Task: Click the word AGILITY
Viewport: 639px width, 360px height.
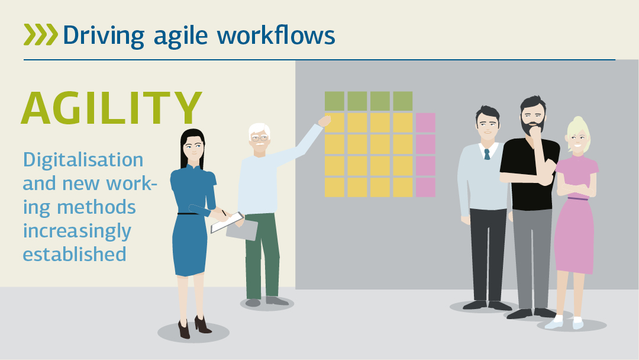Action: coord(112,108)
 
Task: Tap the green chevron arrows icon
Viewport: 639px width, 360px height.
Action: coord(41,34)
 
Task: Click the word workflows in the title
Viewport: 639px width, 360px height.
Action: coord(276,34)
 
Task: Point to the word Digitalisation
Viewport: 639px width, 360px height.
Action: coord(83,159)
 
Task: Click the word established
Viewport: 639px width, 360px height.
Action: coord(75,254)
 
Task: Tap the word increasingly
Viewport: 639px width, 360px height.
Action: coord(77,231)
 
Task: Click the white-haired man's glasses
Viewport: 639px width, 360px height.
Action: coord(260,139)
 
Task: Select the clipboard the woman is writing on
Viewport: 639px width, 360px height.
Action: coord(227,223)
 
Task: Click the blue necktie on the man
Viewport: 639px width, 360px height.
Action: coord(486,154)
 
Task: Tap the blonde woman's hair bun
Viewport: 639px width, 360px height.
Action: coord(579,122)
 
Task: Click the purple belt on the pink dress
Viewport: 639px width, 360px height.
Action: coord(578,199)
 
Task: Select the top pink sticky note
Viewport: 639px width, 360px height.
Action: coord(425,123)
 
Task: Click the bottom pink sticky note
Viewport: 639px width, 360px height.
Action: coord(425,187)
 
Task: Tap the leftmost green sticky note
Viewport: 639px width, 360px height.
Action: coord(334,101)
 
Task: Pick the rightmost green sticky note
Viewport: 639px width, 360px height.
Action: coord(403,101)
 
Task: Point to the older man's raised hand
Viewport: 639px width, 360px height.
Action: coord(325,121)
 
